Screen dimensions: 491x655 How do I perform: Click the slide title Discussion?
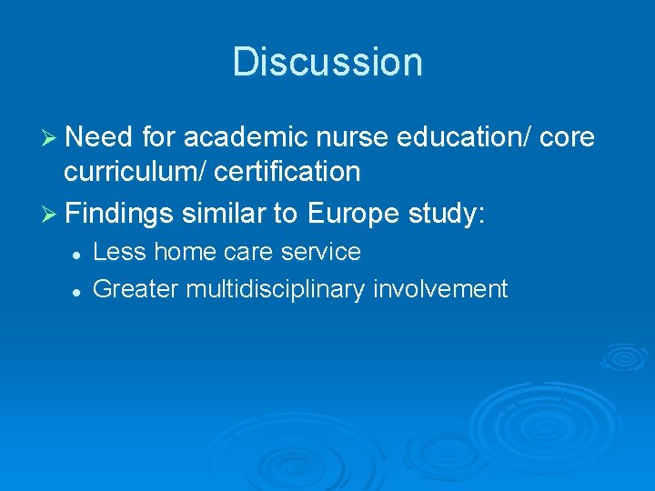[327, 63]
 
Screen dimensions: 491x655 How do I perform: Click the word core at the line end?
[567, 137]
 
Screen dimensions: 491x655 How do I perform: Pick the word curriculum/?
[136, 171]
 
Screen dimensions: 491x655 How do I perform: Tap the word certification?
[290, 171]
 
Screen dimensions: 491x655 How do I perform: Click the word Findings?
[119, 215]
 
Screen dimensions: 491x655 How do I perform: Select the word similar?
[224, 215]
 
